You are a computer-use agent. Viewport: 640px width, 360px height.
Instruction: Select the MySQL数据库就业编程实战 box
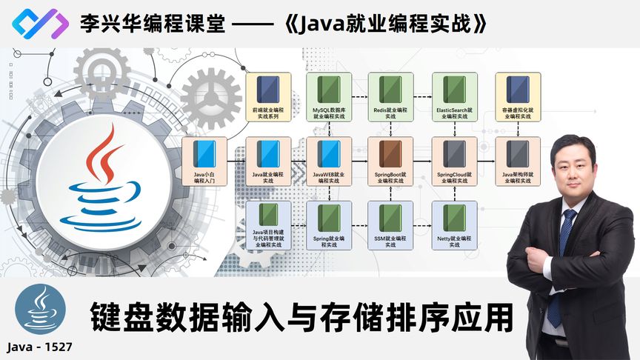[x=329, y=97]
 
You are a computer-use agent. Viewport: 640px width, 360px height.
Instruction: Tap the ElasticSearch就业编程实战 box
[x=454, y=97]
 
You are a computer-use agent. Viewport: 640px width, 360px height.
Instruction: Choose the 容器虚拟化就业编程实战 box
[x=517, y=97]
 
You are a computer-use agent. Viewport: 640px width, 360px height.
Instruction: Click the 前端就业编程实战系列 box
[x=267, y=97]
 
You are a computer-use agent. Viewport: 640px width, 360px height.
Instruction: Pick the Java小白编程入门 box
[x=204, y=161]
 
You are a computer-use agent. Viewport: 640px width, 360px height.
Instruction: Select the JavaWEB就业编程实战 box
[x=329, y=161]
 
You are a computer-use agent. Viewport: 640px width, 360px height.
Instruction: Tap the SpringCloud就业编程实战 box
[x=454, y=161]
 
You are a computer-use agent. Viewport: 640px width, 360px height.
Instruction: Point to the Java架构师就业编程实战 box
[x=517, y=161]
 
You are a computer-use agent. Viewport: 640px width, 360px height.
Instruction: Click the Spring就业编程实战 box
[x=329, y=226]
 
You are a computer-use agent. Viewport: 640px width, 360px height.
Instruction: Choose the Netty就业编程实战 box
[x=454, y=226]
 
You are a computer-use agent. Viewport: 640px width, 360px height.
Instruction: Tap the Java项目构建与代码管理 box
[x=267, y=226]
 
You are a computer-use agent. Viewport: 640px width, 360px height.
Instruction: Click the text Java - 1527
[x=39, y=346]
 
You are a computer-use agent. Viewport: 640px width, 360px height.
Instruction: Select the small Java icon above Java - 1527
[x=39, y=310]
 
